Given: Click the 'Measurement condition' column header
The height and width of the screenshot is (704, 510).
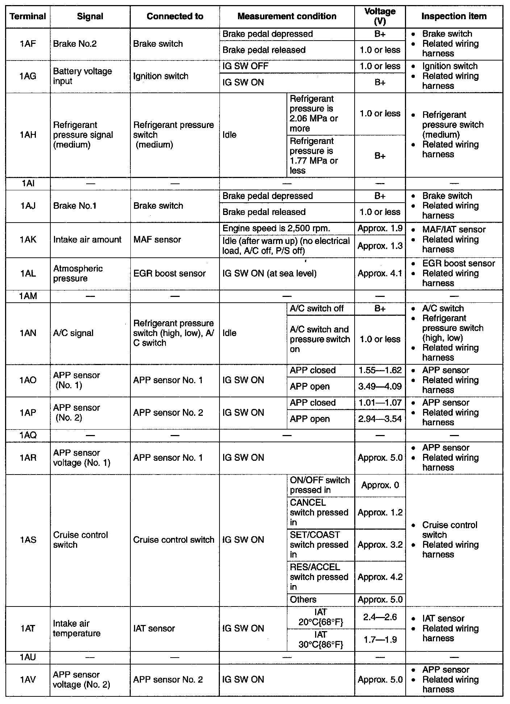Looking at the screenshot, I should click(x=287, y=16).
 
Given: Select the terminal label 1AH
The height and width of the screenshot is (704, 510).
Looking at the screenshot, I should click(x=28, y=135).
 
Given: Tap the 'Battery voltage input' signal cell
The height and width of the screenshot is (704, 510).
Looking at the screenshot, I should click(x=83, y=76).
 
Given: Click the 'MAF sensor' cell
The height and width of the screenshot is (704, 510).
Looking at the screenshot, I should click(x=157, y=240).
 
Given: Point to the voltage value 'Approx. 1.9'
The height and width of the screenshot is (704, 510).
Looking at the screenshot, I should click(x=380, y=228).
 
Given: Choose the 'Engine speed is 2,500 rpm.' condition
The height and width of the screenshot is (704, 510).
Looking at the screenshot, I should click(x=276, y=228).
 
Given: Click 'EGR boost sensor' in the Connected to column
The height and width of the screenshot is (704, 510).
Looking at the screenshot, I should click(x=170, y=273).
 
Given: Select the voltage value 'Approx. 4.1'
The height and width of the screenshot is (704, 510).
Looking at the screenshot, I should click(x=380, y=273).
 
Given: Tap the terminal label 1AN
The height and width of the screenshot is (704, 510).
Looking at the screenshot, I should click(x=28, y=333).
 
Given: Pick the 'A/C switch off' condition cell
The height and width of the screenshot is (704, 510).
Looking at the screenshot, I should click(x=317, y=308).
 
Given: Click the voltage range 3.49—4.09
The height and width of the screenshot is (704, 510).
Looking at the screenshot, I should click(x=380, y=386).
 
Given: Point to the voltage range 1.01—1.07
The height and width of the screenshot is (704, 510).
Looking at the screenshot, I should click(x=380, y=402).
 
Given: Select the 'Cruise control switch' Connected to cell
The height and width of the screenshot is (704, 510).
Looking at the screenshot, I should click(x=174, y=540).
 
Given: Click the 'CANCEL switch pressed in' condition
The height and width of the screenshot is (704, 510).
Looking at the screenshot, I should click(x=319, y=512).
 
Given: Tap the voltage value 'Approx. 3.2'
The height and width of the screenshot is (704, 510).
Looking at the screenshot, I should click(x=380, y=544).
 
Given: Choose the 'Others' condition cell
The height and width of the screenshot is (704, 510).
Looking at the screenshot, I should click(x=303, y=600).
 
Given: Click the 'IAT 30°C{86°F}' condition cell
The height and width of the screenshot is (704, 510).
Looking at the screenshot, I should click(x=321, y=639).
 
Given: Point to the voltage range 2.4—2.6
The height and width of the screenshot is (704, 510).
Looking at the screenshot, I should click(x=380, y=617).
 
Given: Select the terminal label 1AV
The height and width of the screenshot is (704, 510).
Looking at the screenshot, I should click(x=28, y=680).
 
